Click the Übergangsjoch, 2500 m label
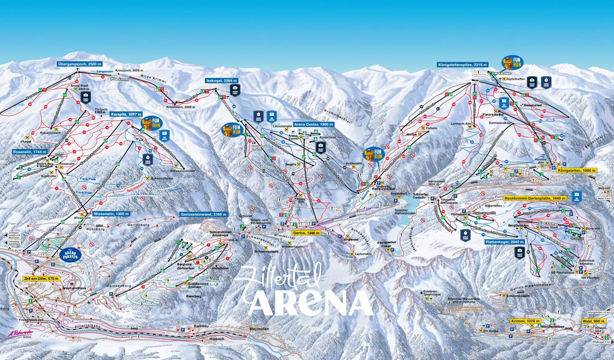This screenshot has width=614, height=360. (x=79, y=64)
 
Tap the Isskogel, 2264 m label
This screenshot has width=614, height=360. (x=221, y=80)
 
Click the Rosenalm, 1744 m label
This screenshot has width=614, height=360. (x=29, y=152)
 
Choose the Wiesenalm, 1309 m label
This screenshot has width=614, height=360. (x=112, y=214)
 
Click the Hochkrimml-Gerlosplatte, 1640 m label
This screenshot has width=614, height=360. (x=535, y=197)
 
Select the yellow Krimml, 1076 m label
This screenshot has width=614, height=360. (x=525, y=322)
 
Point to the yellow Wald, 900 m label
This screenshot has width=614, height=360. (x=592, y=322)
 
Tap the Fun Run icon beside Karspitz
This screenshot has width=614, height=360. (x=149, y=124)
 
